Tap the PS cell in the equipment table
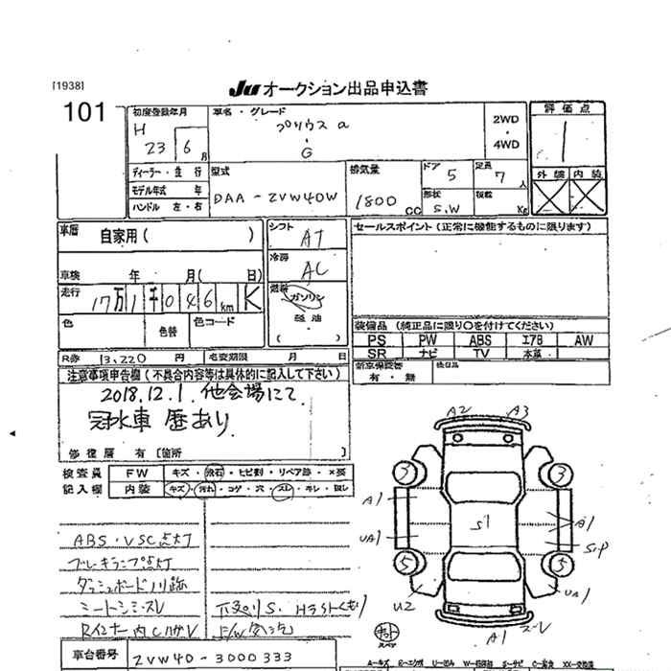pyautogui.click(x=377, y=340)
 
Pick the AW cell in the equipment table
pyautogui.click(x=583, y=340)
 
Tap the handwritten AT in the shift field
pyautogui.click(x=312, y=237)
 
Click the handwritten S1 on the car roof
pyautogui.click(x=485, y=522)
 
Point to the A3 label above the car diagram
pyautogui.click(x=521, y=412)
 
